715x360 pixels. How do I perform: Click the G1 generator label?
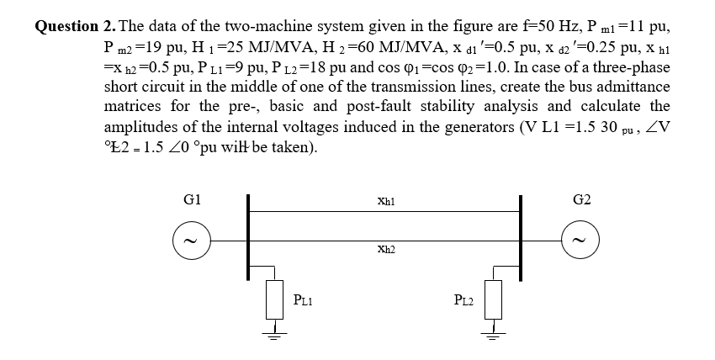tap(191, 200)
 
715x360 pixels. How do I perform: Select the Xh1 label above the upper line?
tap(387, 203)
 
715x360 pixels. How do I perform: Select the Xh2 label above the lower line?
tap(387, 249)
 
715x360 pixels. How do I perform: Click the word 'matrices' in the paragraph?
tap(131, 107)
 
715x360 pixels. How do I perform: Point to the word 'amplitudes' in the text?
tap(140, 127)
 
